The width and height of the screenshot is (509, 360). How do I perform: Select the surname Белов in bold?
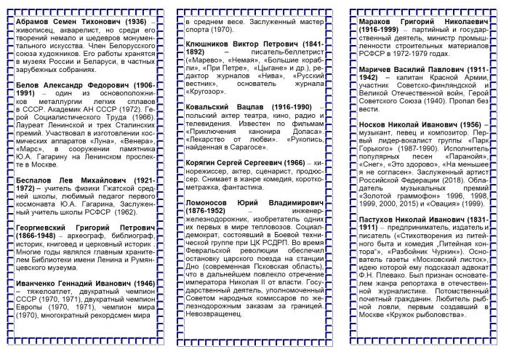click(x=28, y=85)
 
